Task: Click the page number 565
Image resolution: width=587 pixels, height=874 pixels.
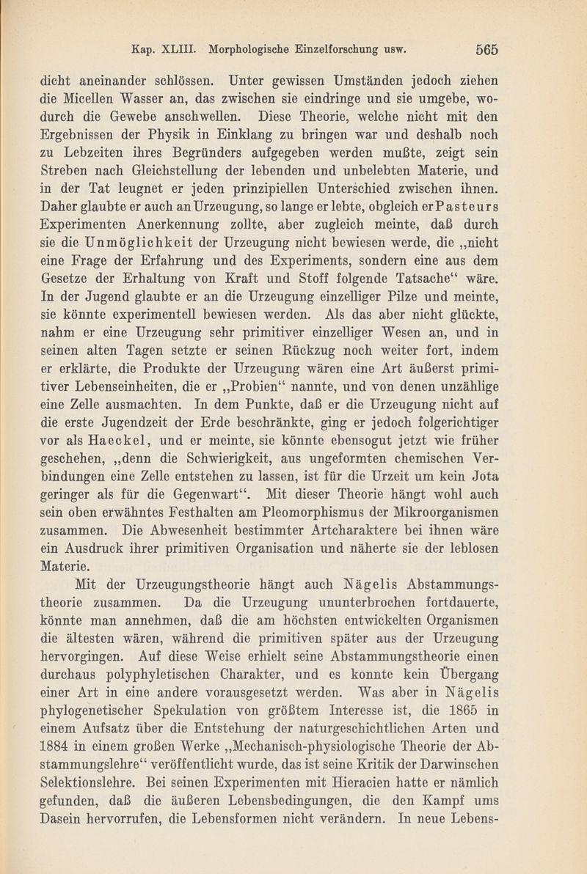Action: pyautogui.click(x=486, y=50)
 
